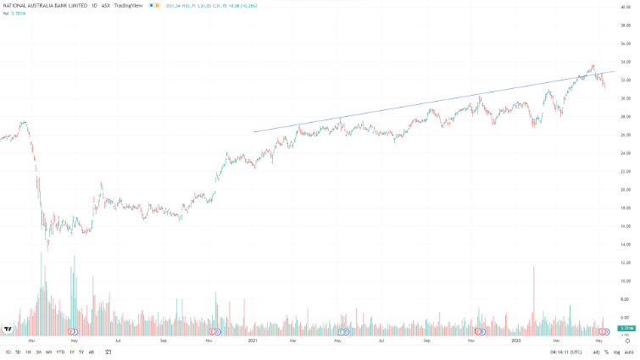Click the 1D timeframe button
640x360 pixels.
click(8, 352)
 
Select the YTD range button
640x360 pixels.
click(59, 352)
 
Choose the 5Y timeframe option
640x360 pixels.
click(81, 352)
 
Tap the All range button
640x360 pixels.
click(92, 352)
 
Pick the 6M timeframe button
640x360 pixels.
click(49, 352)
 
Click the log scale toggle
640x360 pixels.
click(616, 352)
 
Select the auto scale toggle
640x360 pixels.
click(627, 352)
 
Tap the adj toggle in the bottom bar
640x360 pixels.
click(596, 352)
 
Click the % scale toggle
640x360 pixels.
click(607, 352)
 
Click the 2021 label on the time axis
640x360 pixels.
click(252, 341)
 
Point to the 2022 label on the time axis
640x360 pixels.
click(516, 341)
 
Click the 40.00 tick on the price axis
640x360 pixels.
click(626, 7)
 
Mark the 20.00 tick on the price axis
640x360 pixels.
click(626, 190)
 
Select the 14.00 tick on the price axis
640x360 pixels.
click(626, 244)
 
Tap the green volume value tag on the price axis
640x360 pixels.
click(627, 328)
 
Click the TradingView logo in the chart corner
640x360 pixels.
click(8, 329)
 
